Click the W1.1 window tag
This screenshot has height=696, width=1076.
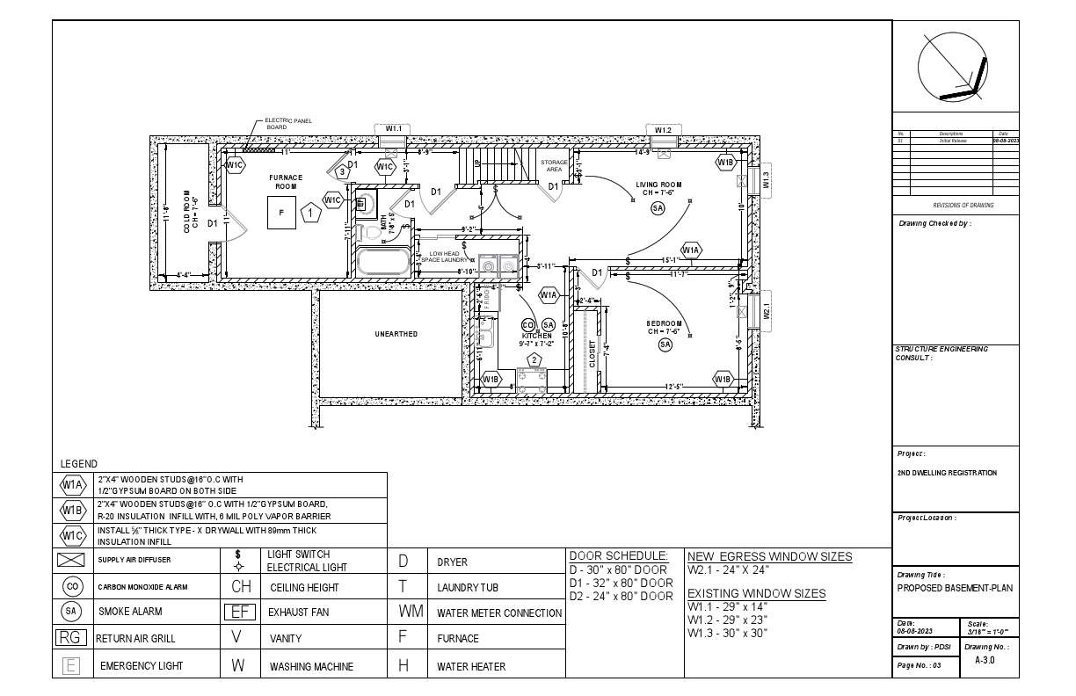tap(393, 128)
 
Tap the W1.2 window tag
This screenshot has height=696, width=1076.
tap(663, 130)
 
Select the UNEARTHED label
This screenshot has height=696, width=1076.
tap(396, 334)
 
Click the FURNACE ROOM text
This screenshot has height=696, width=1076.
tap(286, 182)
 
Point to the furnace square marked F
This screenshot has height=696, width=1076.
tap(282, 213)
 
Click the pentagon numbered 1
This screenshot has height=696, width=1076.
tap(310, 213)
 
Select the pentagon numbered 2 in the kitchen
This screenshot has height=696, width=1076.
tap(533, 359)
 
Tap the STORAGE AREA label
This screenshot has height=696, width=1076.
tap(554, 166)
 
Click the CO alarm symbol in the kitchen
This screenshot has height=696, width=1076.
tap(528, 325)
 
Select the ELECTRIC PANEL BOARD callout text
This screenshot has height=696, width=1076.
tap(287, 124)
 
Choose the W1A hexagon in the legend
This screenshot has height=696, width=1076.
tap(71, 484)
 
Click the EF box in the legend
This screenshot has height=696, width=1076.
tap(237, 612)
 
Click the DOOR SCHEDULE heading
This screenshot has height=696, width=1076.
tap(619, 556)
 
